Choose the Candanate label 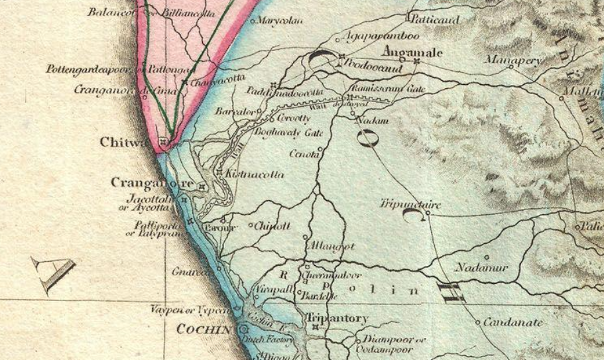click(514, 323)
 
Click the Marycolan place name click(280, 21)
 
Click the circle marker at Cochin click(243, 328)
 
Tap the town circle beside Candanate click(478, 323)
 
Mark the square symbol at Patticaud click(408, 16)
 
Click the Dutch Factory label click(263, 338)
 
